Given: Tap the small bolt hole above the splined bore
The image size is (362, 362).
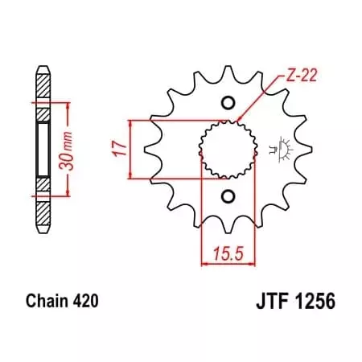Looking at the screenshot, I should coord(228,101).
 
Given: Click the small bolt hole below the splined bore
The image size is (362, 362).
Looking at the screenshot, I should coord(228,197).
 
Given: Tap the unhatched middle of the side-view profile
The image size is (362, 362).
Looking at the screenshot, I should coord(42,149).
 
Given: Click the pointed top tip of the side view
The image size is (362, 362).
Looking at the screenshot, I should coord(42,64).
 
